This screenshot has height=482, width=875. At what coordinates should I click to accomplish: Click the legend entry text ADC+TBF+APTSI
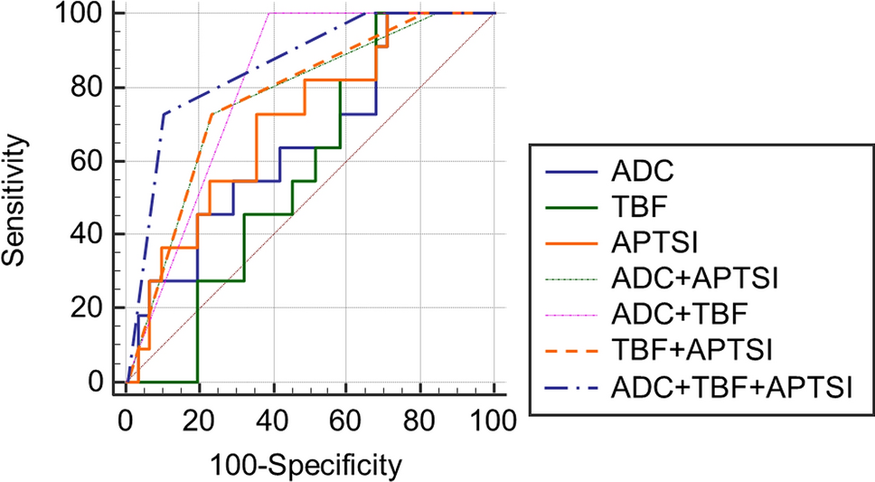click(732, 388)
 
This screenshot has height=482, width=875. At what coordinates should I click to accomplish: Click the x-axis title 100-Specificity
click(306, 466)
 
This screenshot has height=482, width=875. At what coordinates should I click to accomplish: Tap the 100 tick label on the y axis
click(84, 14)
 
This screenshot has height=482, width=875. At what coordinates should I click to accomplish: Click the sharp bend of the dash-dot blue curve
click(164, 114)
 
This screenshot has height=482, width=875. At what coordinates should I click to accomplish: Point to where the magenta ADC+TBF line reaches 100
click(270, 14)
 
